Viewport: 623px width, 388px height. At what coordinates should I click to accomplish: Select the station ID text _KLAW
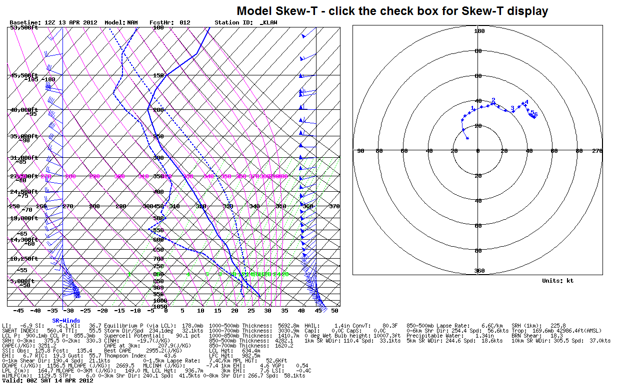point(268,23)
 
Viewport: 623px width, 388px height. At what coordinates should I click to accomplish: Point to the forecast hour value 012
point(185,23)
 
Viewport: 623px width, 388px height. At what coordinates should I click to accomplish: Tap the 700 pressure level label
point(158,259)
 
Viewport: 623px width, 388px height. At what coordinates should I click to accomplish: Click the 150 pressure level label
point(158,75)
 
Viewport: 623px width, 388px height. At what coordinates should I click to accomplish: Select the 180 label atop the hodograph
point(479,31)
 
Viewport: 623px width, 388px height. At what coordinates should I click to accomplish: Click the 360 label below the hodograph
point(479,271)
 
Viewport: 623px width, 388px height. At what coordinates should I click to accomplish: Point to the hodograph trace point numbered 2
point(493,100)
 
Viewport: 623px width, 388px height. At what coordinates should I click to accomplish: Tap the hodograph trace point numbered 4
point(526,102)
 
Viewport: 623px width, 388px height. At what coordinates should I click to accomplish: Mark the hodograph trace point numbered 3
point(512,109)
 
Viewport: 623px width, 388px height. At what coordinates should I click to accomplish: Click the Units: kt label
point(557,281)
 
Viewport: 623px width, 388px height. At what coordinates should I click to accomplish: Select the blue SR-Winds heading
point(67,320)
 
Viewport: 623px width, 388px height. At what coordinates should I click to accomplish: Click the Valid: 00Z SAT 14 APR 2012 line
point(48,381)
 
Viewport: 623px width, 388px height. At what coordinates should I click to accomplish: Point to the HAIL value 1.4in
point(342,326)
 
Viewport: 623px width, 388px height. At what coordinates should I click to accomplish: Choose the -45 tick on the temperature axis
point(18,311)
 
